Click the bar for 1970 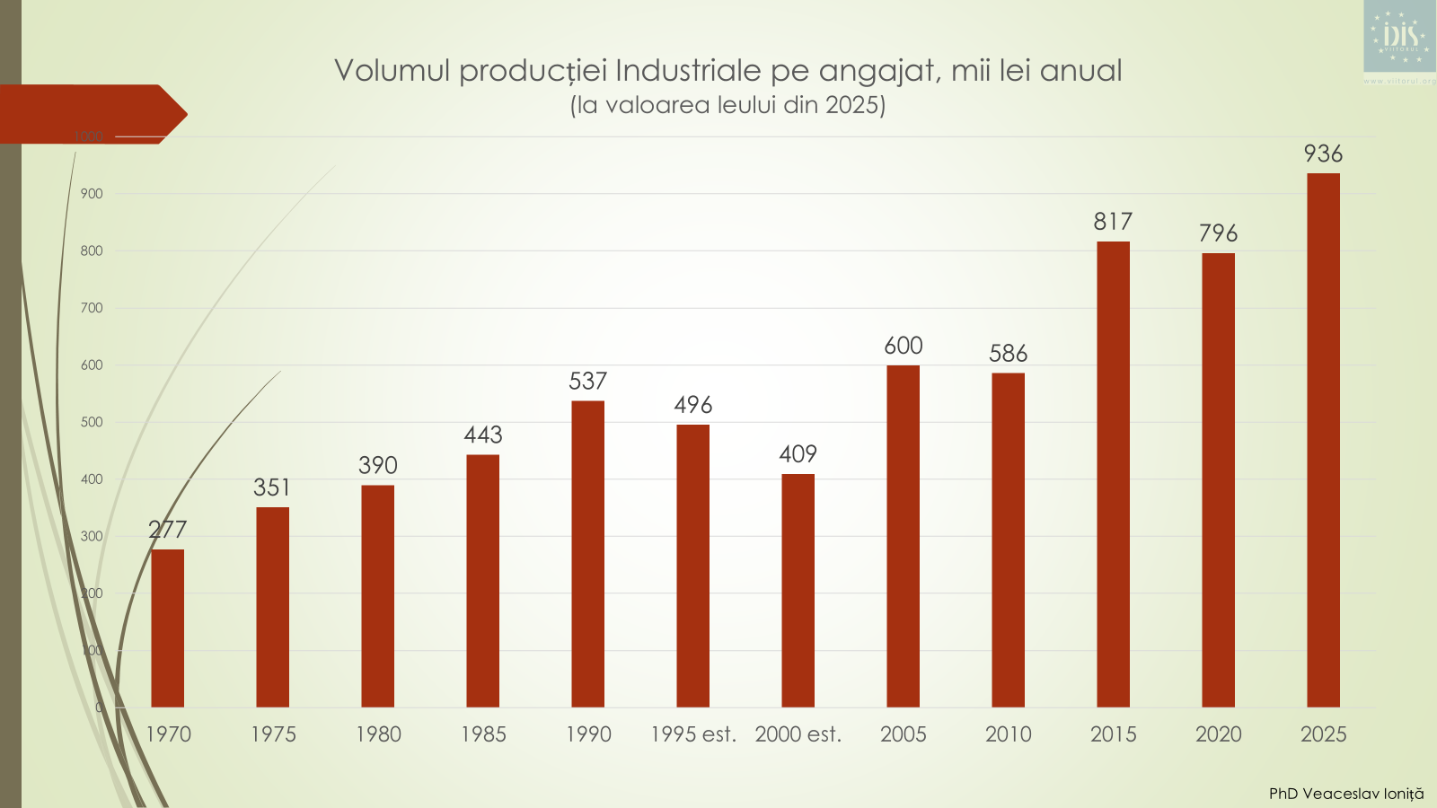tap(168, 628)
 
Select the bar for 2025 tap(1323, 440)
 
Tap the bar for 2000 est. tap(798, 591)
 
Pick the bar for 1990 tap(587, 554)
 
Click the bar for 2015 tap(1113, 474)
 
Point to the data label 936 tap(1323, 154)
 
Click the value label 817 tap(1113, 222)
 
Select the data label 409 tap(798, 454)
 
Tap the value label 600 tap(903, 346)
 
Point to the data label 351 tap(272, 487)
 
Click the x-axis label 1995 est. tap(693, 734)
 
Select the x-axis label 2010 tap(1008, 734)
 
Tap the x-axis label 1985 tap(483, 734)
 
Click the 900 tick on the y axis tap(92, 194)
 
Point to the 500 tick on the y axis tap(92, 422)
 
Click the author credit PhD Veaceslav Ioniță tap(1345, 794)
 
